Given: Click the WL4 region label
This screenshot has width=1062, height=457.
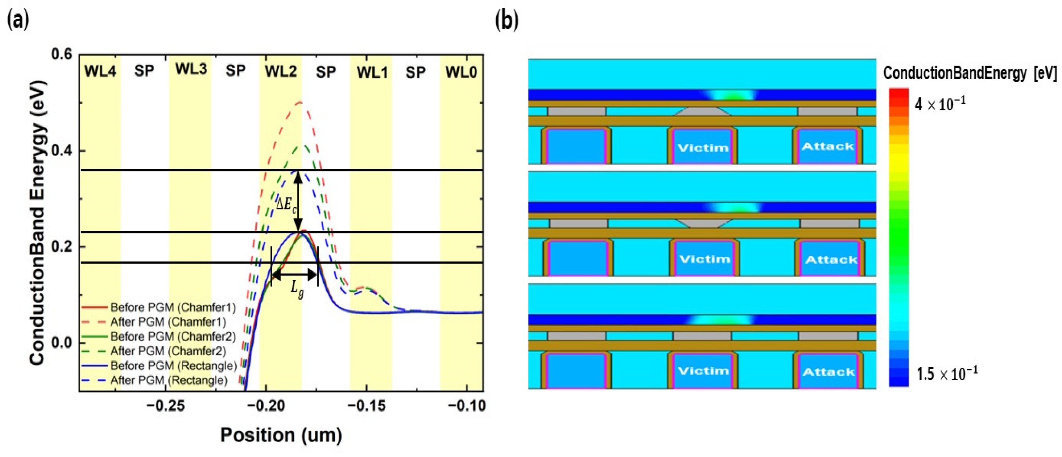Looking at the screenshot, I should tap(100, 71).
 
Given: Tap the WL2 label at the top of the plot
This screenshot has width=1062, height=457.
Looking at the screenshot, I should tap(281, 71).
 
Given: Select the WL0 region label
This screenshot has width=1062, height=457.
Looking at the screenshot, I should tap(461, 72).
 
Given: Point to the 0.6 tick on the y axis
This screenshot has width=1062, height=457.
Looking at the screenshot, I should tap(62, 55).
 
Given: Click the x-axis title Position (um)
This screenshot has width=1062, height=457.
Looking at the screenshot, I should tap(281, 435).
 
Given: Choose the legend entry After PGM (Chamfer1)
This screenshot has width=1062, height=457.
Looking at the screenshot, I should tap(168, 322).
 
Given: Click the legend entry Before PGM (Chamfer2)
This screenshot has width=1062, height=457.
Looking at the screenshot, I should tap(173, 337).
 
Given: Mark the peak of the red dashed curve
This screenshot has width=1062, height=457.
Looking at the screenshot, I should tap(300, 102).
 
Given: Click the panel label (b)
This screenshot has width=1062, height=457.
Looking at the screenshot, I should tap(507, 21).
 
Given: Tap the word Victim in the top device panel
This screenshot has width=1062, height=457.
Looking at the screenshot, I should tap(703, 148).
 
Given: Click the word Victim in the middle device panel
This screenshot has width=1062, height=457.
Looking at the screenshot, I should tap(704, 259).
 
